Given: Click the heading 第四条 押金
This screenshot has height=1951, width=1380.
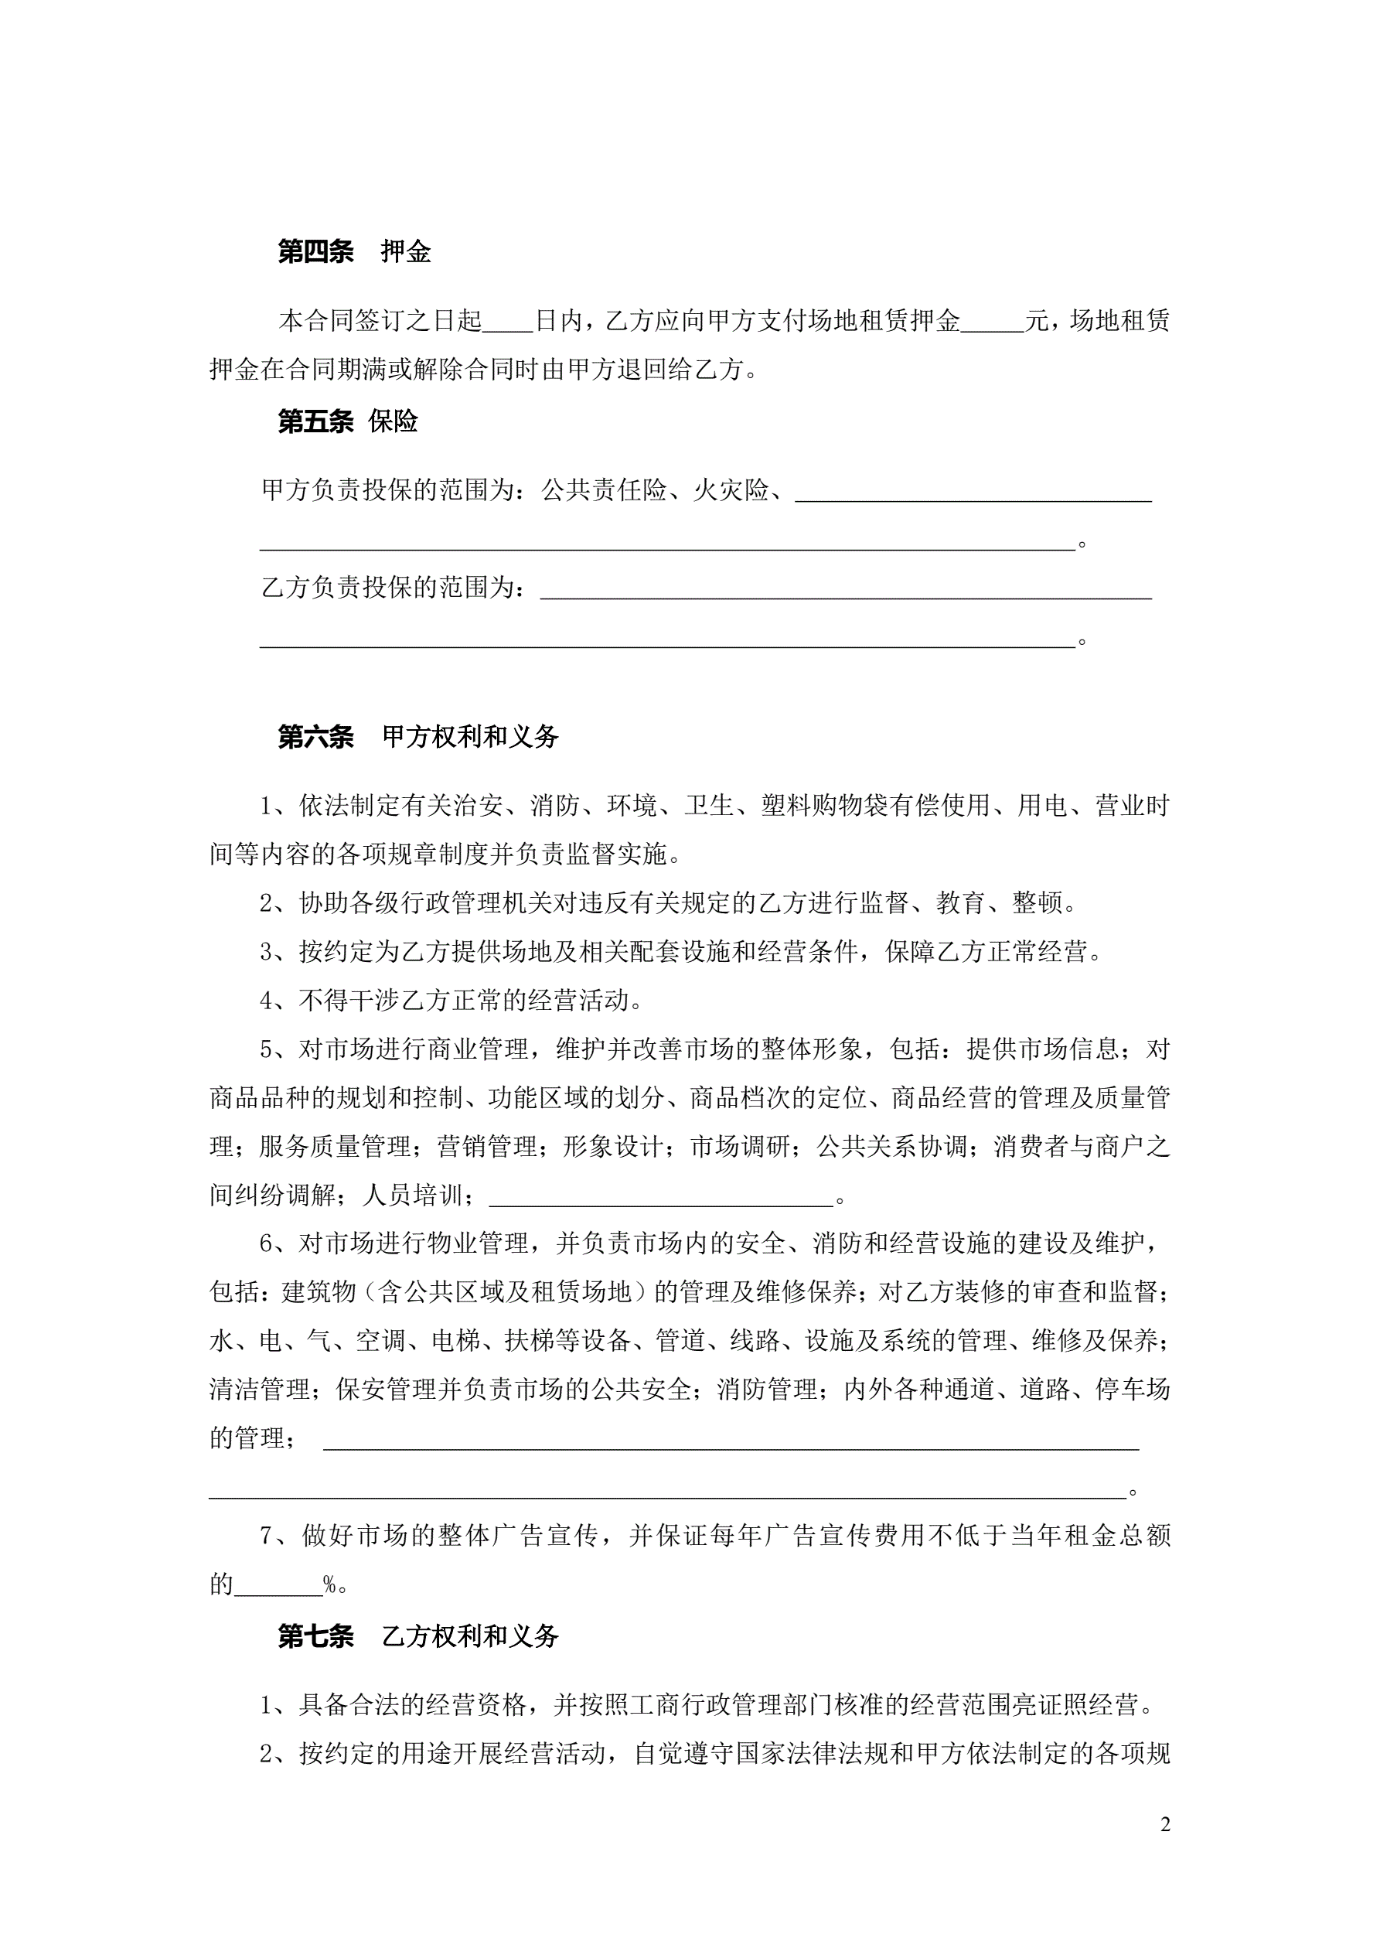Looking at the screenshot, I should pyautogui.click(x=353, y=251).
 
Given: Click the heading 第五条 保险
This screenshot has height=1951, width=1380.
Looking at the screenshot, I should pyautogui.click(x=348, y=421).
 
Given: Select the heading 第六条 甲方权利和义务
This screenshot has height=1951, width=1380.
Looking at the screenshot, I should pyautogui.click(x=418, y=737).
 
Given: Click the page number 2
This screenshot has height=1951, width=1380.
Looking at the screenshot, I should pyautogui.click(x=1165, y=1824).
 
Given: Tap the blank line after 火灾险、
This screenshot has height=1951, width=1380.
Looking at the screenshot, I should pyautogui.click(x=973, y=493).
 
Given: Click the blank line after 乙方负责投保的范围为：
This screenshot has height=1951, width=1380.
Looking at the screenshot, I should pyautogui.click(x=846, y=591).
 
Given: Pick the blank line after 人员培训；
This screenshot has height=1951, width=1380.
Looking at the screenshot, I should pyautogui.click(x=661, y=1196).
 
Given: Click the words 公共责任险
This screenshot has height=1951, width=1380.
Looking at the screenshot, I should pyautogui.click(x=603, y=490).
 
